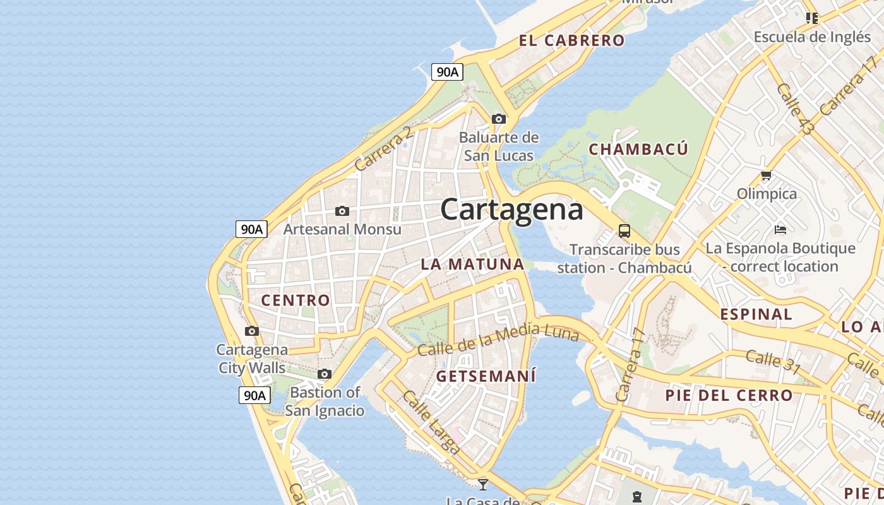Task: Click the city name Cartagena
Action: point(511,209)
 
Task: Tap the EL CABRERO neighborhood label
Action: point(571,40)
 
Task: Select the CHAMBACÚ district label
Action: point(638,149)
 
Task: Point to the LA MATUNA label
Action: point(472,264)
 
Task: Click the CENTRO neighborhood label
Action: point(296,300)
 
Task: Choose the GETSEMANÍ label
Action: point(486,376)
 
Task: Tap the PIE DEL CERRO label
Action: point(729,396)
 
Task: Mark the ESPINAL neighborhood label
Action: point(756,314)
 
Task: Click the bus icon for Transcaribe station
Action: point(624,231)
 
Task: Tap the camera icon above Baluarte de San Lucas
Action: point(499,119)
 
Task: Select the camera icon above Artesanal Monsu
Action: point(342,211)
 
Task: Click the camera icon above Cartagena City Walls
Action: point(252,331)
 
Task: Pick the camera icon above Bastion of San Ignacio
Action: point(325,374)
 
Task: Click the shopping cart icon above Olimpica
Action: point(766,175)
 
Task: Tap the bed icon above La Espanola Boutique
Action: point(780,229)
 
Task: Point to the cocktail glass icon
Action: point(483,484)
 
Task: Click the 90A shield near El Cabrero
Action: point(447,72)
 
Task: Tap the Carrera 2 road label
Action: point(383,149)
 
